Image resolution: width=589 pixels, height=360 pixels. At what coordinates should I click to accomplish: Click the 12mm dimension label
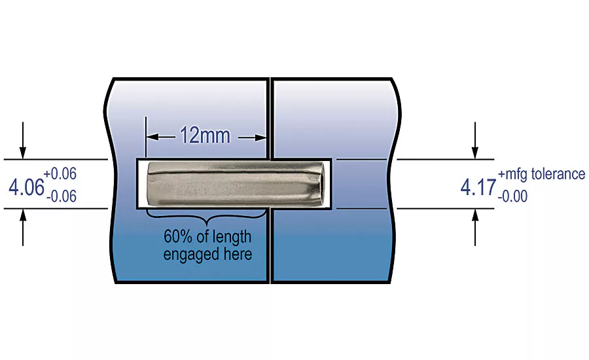pos(205,135)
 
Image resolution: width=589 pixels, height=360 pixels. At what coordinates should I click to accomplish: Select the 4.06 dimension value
pos(26,187)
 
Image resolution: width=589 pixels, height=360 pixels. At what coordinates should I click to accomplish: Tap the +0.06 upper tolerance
pos(60,173)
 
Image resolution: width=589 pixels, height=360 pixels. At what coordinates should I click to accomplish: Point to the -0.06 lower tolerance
pos(62,196)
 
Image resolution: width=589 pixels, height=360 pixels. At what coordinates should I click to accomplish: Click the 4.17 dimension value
pos(478,187)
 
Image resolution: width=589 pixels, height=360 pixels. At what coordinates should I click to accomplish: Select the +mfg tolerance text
pos(541,174)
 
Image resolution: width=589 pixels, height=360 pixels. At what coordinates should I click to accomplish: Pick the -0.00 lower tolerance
pos(512,196)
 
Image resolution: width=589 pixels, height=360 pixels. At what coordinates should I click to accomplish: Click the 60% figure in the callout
pos(178,236)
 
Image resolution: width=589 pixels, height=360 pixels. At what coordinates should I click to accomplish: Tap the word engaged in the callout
pos(192,255)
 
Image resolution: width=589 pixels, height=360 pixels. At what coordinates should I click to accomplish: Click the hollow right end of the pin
pos(319,183)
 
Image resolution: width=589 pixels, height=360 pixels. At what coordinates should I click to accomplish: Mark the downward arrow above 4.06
pos(23,140)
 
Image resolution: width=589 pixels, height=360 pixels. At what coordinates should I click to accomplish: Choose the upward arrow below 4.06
pos(23,227)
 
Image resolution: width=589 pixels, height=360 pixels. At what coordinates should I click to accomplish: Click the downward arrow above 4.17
pos(475,140)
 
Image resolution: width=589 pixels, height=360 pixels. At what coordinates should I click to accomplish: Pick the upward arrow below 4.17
pos(475,227)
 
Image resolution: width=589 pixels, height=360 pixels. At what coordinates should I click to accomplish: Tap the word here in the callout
pos(238,254)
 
